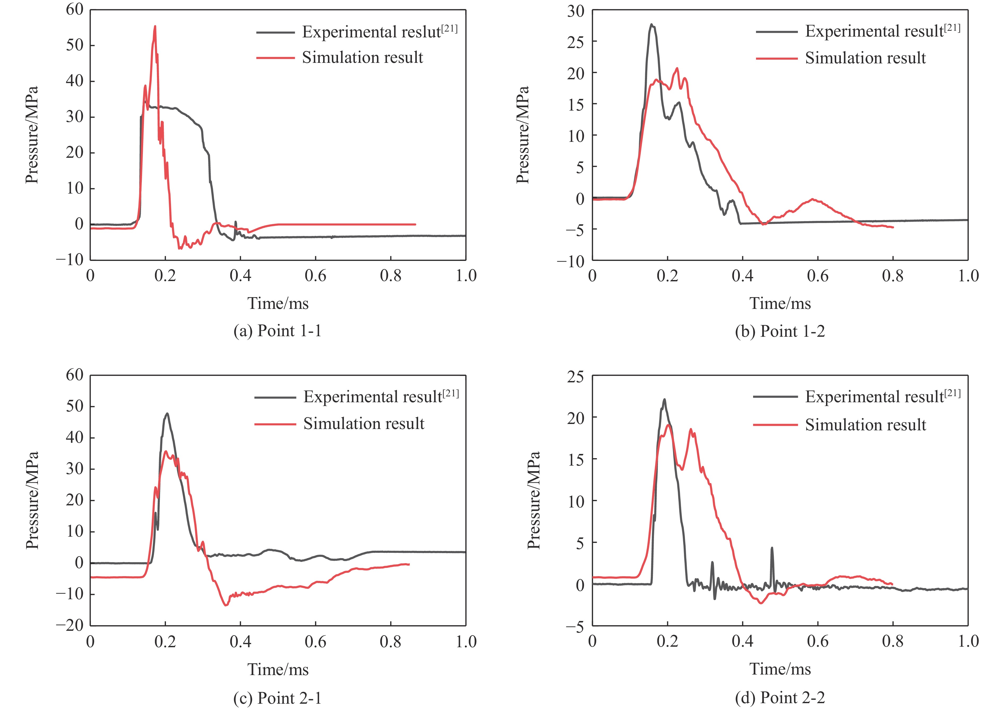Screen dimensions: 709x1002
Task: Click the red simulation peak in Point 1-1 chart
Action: [x=155, y=27]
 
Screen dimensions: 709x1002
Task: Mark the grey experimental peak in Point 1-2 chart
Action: [x=651, y=25]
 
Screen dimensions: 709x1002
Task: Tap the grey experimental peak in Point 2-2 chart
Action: [x=664, y=400]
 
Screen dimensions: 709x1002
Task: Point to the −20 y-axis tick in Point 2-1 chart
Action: [x=69, y=625]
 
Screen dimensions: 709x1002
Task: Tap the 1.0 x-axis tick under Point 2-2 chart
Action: [x=968, y=642]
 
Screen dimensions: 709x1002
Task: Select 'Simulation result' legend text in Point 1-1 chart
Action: [x=362, y=58]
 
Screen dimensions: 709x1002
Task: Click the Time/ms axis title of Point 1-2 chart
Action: [x=780, y=303]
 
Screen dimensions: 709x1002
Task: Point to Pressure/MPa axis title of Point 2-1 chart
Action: [x=32, y=500]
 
